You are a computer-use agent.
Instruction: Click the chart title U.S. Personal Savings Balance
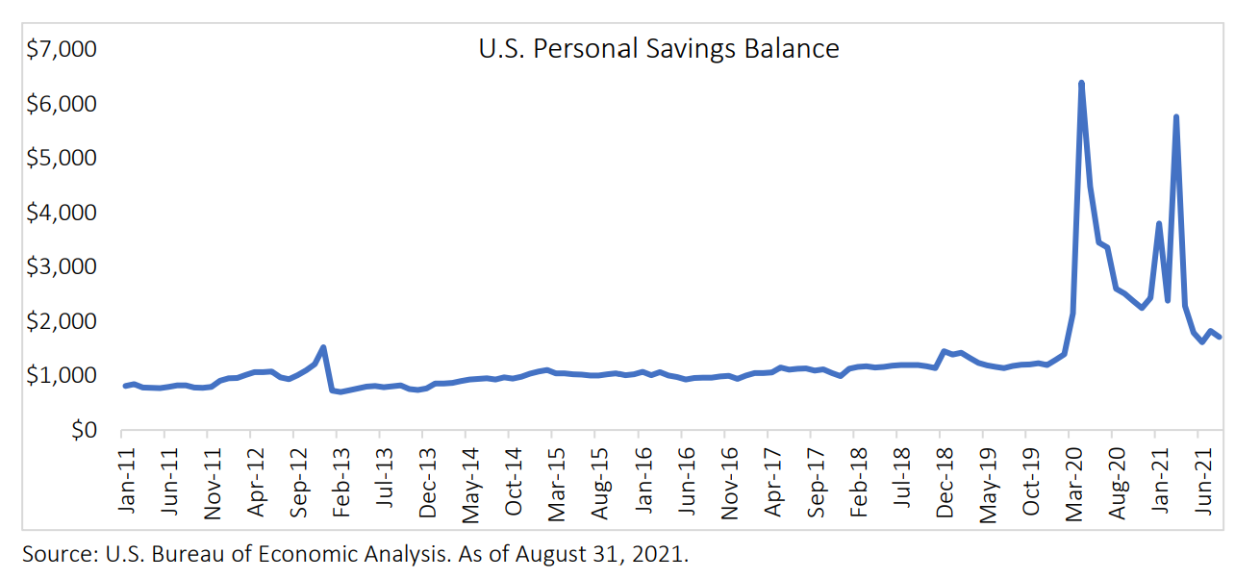pyautogui.click(x=658, y=48)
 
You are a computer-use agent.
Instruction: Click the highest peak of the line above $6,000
pyautogui.click(x=1081, y=84)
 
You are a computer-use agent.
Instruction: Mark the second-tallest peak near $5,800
pyautogui.click(x=1175, y=117)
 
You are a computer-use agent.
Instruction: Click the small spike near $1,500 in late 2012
pyautogui.click(x=323, y=347)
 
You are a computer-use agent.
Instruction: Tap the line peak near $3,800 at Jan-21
pyautogui.click(x=1158, y=224)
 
